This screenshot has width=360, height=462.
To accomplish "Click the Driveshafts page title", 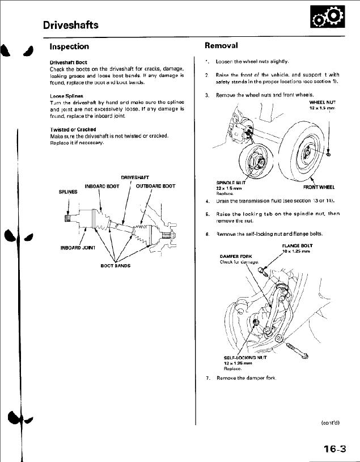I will pos(71,25).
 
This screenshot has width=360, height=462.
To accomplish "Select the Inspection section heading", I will pos(69,46).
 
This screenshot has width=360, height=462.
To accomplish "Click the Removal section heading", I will pos(221,45).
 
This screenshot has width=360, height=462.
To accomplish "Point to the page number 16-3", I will pos(334,450).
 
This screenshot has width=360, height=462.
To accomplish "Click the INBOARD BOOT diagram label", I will pos(102,187).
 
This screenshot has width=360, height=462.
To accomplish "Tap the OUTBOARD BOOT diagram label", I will pos(155,187).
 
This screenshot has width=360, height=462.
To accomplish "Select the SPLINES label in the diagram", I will pos(68,192).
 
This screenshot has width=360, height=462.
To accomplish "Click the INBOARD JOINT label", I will pos(77,248).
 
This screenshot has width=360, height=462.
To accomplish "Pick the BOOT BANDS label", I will pos(115,265).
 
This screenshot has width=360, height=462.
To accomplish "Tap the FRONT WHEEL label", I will pos(319,187).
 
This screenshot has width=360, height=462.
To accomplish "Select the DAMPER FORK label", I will pos(236,256).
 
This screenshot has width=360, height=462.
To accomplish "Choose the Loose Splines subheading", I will pos(66,96).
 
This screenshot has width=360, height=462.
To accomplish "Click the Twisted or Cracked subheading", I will pos(73,130).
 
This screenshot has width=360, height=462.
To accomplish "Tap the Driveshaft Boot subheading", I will pos(69,62).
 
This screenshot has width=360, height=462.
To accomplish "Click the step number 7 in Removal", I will pos(208,378).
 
